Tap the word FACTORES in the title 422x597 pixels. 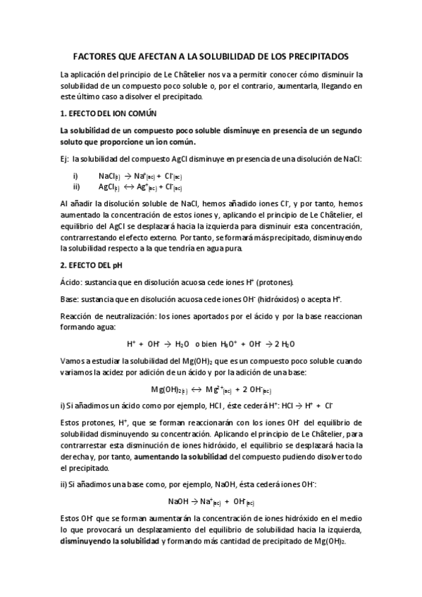(x=98, y=56)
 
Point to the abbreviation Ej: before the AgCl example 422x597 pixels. (x=66, y=160)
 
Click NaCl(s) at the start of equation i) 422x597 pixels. (x=109, y=175)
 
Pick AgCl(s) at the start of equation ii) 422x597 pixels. (x=109, y=187)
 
